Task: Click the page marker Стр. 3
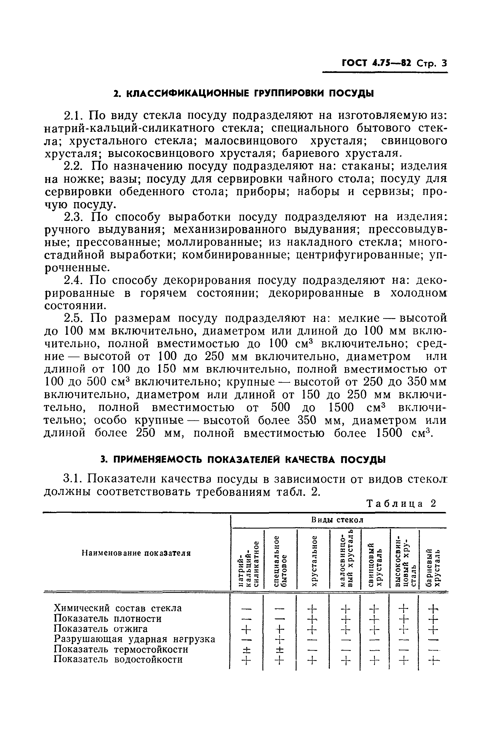432,64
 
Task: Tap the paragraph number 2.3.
73,217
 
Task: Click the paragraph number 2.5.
73,318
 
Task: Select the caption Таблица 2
401,503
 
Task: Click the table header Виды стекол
337,520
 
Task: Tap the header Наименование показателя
136,553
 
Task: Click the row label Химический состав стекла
118,608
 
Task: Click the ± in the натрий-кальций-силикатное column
246,649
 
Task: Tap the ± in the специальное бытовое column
280,649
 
